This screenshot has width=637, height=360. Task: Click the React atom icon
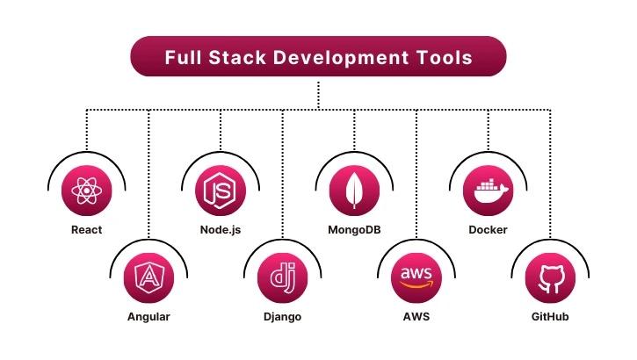[86, 191]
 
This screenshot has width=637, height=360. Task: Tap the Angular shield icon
[148, 277]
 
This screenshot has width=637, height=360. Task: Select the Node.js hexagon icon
[220, 191]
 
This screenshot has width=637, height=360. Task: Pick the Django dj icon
[283, 277]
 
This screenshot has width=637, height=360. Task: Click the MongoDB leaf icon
[354, 191]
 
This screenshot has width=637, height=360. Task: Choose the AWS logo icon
[416, 277]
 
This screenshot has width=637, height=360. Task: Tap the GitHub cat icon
[551, 279]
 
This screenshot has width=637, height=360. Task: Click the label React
[86, 230]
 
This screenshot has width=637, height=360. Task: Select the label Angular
[148, 317]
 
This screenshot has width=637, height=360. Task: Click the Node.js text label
[221, 230]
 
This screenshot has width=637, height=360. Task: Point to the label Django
[282, 317]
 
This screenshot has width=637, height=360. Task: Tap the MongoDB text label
[354, 230]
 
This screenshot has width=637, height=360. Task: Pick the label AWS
[416, 317]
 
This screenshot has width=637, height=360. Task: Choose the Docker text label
[488, 230]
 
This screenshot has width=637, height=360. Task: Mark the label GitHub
[550, 317]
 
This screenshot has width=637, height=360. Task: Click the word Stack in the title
[237, 58]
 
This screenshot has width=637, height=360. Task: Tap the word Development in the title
[341, 59]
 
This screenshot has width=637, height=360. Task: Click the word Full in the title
[183, 58]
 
